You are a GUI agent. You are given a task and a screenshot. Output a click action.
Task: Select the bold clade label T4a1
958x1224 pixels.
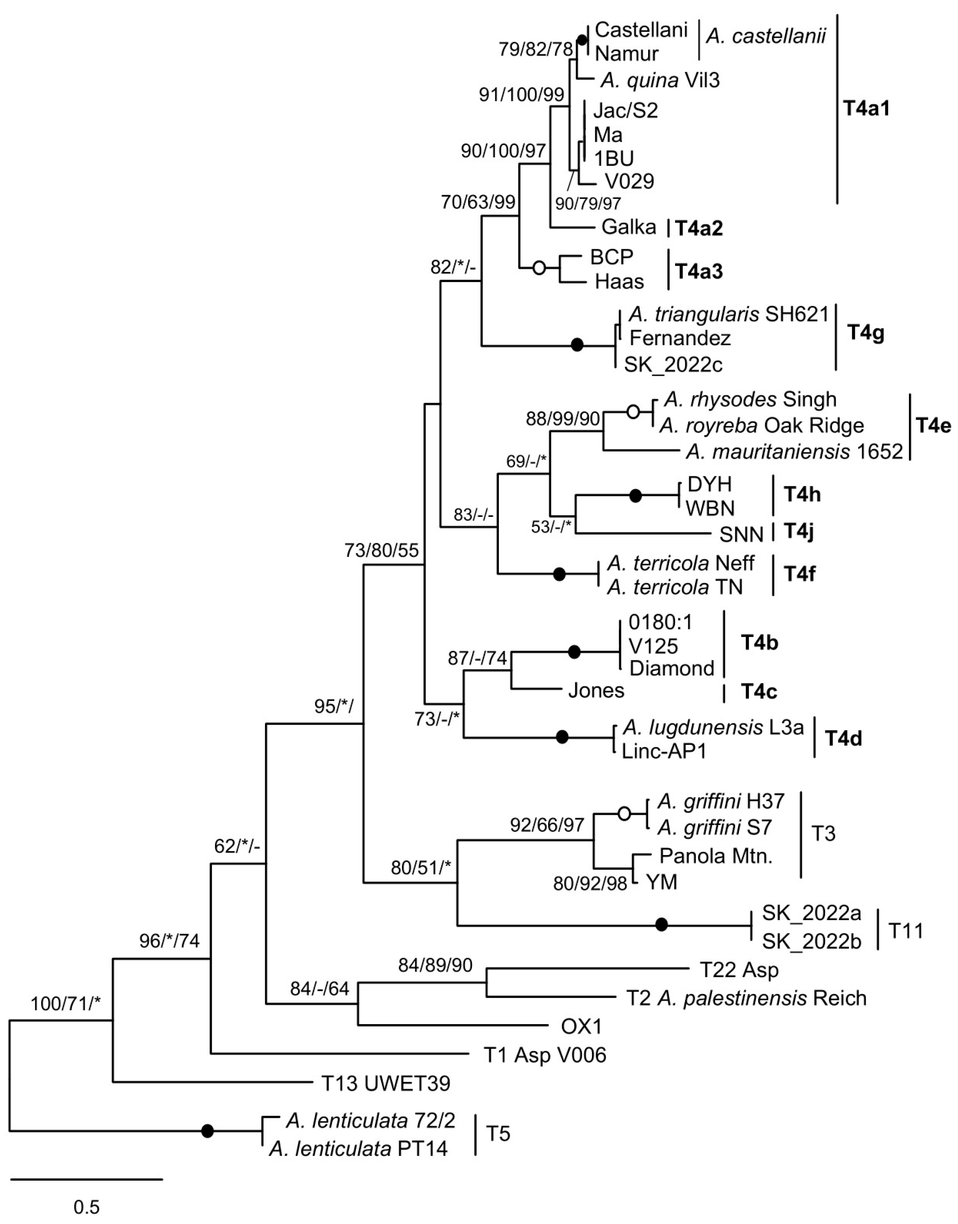point(867,108)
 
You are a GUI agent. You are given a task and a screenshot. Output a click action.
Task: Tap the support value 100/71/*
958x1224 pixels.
point(66,1004)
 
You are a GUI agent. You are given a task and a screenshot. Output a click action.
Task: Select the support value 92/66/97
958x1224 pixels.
point(547,825)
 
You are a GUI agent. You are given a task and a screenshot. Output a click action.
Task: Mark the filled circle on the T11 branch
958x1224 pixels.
point(662,925)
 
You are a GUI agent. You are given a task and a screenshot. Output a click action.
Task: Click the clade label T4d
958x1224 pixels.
point(843,738)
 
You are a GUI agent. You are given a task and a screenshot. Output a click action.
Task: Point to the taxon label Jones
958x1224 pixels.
point(596,690)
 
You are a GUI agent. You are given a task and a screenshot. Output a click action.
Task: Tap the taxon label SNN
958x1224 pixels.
point(741,535)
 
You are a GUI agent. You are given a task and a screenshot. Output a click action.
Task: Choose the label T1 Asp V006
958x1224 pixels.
point(545,1055)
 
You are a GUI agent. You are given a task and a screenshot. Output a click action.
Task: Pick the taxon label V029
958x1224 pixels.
point(629,181)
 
